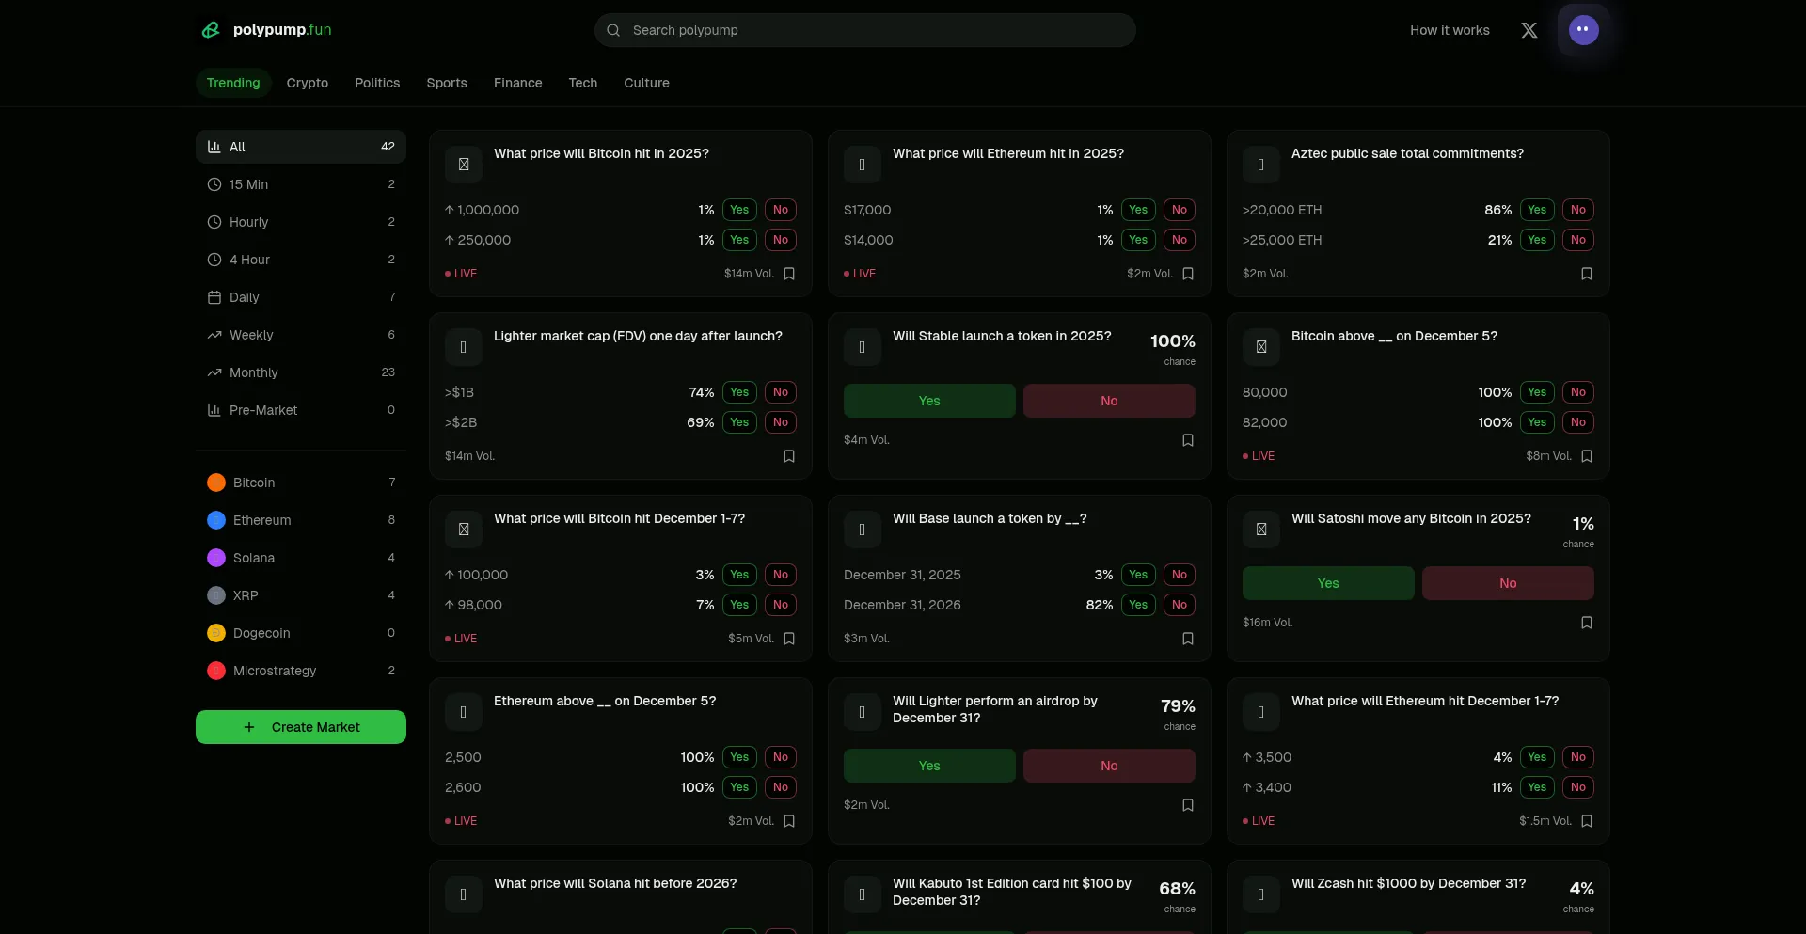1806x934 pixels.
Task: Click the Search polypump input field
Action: (865, 30)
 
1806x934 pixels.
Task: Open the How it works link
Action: (1450, 30)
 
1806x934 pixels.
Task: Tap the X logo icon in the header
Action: (1529, 30)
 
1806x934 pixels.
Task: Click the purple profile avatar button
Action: (1583, 30)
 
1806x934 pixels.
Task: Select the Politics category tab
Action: (377, 83)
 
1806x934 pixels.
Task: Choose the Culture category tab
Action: (646, 83)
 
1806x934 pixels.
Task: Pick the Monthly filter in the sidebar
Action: (254, 372)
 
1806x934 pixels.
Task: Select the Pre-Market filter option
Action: (263, 410)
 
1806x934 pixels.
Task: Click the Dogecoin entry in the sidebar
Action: (261, 633)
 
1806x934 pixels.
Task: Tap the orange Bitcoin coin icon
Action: (216, 483)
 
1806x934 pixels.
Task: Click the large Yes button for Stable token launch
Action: (929, 401)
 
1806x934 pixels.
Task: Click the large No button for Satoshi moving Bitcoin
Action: (1508, 583)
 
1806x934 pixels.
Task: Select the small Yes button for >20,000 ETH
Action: (1537, 210)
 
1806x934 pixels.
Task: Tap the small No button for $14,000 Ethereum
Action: (1180, 240)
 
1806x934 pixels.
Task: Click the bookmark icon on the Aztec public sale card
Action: (1587, 274)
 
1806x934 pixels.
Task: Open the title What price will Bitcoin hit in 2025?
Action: (601, 153)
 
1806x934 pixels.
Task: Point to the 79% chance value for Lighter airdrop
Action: (1178, 706)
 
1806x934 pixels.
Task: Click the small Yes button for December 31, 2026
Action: (1138, 605)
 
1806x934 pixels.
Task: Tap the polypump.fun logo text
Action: (282, 30)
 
